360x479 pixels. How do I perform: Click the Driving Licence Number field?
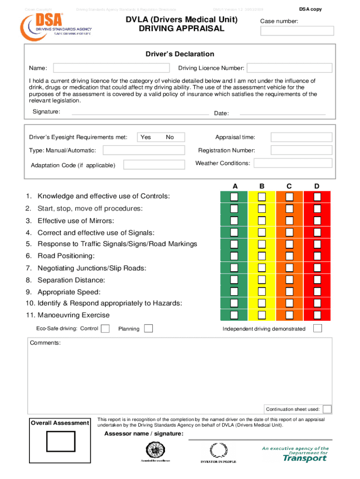[x=289, y=68]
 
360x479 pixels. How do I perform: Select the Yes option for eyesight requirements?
[x=146, y=137]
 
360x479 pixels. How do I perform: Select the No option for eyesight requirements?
[x=170, y=137]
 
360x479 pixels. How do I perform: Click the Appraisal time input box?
[x=302, y=137]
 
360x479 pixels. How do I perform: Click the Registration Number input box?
[x=302, y=150]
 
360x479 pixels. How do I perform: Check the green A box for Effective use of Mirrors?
[x=234, y=220]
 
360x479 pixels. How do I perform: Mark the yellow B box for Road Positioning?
[x=262, y=256]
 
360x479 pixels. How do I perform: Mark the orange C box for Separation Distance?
[x=290, y=279]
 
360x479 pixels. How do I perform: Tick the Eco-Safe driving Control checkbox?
[x=106, y=328]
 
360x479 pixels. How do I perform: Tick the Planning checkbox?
[x=148, y=328]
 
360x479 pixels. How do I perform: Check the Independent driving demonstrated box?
[x=317, y=328]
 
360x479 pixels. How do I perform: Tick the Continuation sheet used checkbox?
[x=327, y=409]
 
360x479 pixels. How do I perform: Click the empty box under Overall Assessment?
[x=60, y=442]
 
